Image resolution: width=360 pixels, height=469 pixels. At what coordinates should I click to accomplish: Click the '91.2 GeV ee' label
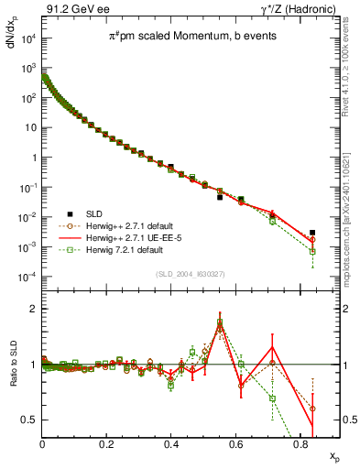point(71,9)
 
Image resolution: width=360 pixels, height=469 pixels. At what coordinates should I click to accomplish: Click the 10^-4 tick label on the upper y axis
point(27,277)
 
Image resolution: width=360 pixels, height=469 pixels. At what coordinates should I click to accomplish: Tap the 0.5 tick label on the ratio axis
point(29,420)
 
